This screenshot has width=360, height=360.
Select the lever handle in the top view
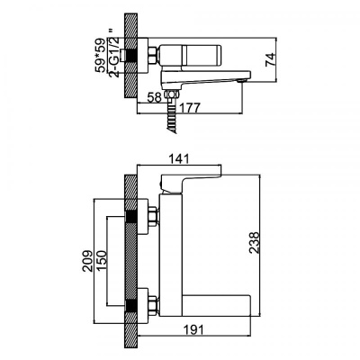click(200, 57)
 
